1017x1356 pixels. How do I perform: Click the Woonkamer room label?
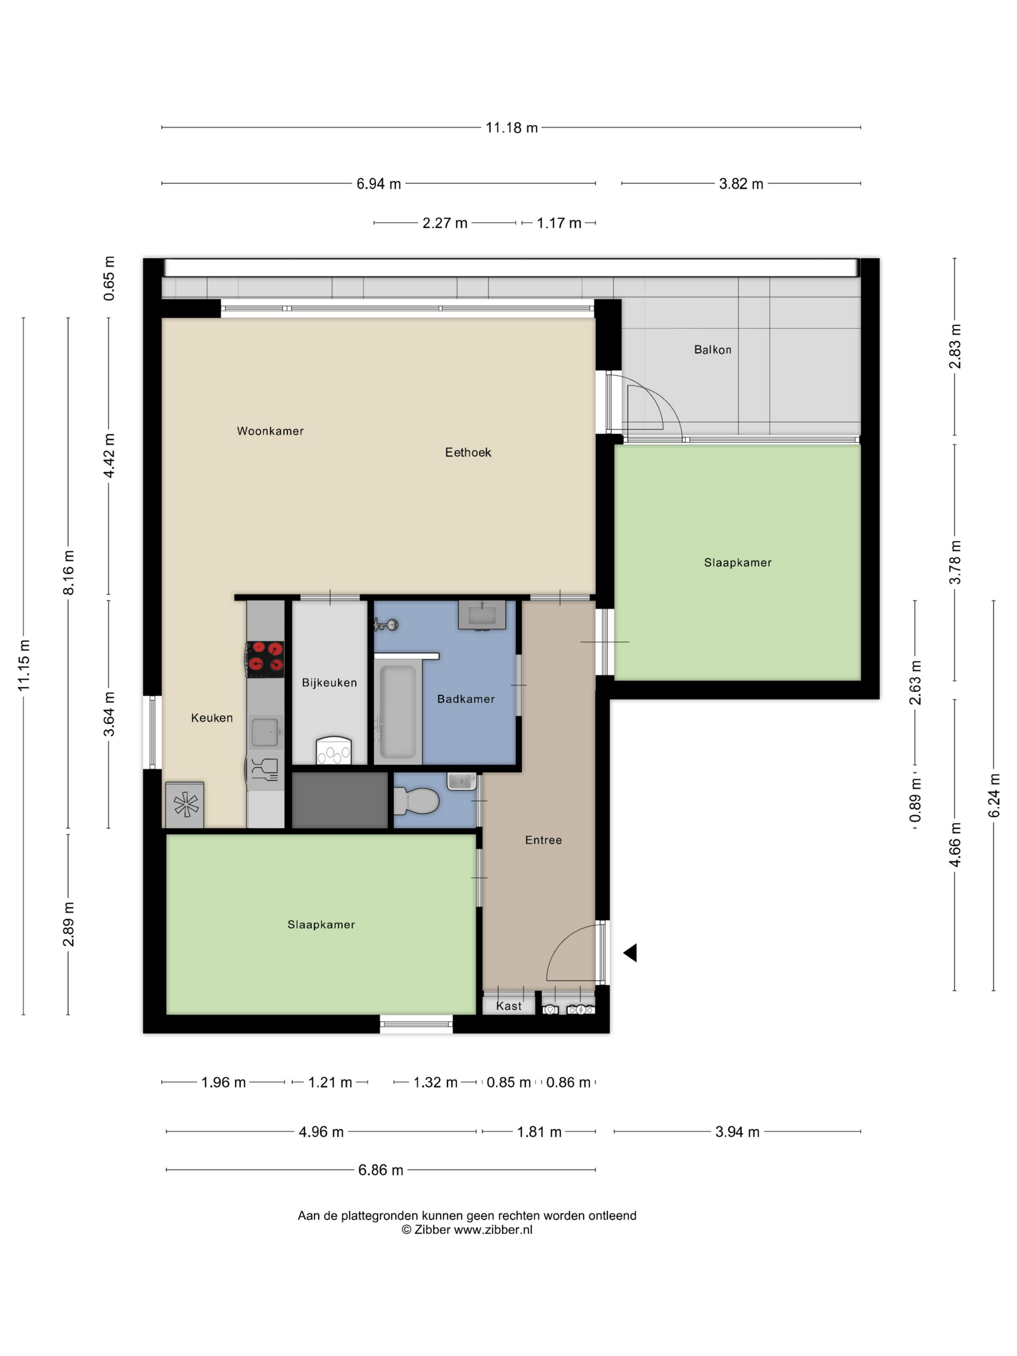tap(270, 431)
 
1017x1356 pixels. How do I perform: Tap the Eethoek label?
tap(468, 452)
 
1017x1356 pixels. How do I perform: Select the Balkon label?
tap(712, 350)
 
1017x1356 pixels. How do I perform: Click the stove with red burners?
tap(265, 659)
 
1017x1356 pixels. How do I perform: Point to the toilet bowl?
tap(416, 801)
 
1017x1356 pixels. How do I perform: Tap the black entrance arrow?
tap(630, 953)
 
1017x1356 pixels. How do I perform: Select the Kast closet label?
tap(509, 1006)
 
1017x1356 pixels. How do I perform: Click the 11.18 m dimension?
tap(512, 127)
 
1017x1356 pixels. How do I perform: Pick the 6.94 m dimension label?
tap(379, 183)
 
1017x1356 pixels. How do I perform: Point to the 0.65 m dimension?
tap(108, 278)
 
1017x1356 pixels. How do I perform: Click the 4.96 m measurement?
tap(321, 1132)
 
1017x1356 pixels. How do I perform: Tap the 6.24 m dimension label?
tap(994, 796)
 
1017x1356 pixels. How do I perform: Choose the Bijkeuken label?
tap(329, 682)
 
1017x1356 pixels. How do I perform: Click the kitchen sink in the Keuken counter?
tap(265, 732)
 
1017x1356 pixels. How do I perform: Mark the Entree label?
tap(543, 840)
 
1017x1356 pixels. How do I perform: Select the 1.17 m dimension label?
tap(559, 223)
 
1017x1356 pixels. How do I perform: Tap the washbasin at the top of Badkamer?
tap(482, 615)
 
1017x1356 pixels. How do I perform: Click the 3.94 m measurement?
tap(738, 1132)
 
